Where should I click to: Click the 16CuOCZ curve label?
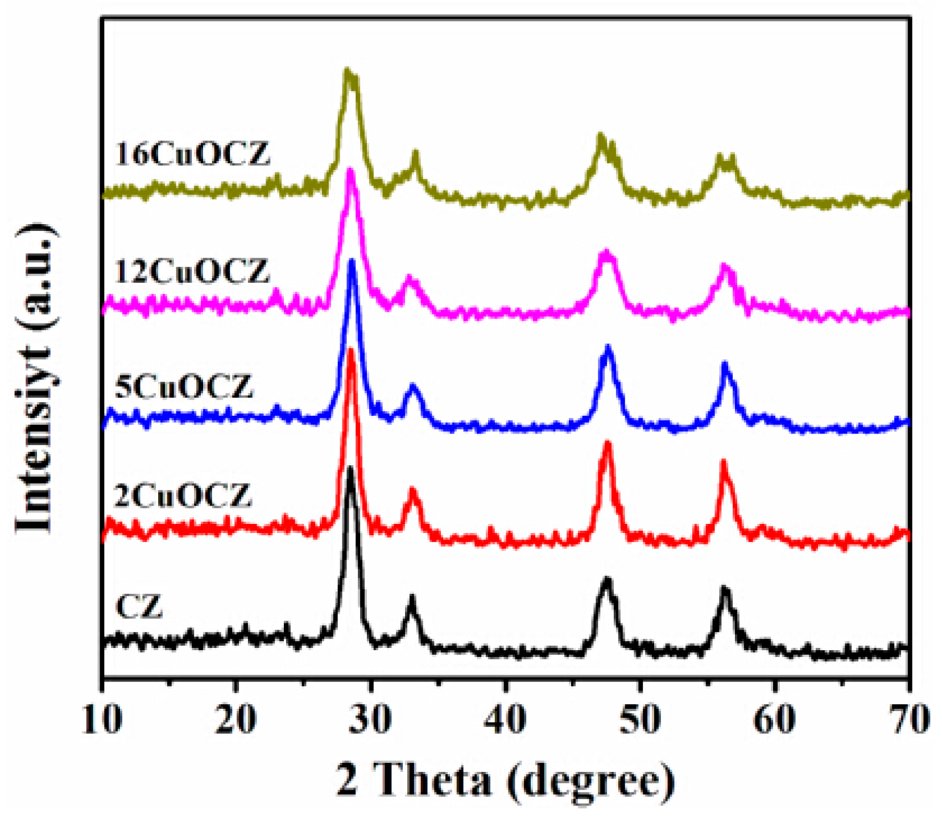click(192, 154)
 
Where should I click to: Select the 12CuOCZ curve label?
click(192, 271)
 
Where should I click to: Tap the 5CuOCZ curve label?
click(184, 387)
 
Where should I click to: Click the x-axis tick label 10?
click(102, 719)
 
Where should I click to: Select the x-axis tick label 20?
click(236, 719)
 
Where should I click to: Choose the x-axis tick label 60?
click(775, 719)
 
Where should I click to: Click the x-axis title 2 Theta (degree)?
click(505, 780)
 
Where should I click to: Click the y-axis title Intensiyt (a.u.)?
click(35, 378)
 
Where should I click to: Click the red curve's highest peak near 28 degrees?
click(350, 350)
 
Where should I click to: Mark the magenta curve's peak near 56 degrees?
click(724, 266)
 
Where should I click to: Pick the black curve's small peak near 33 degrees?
click(412, 598)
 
